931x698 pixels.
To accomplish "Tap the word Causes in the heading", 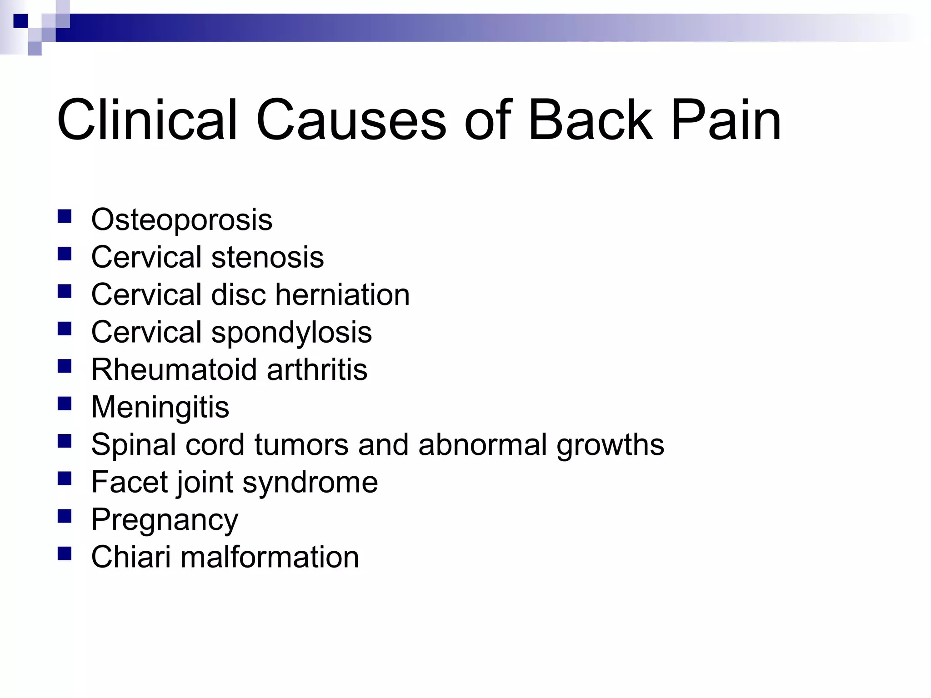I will pyautogui.click(x=351, y=120).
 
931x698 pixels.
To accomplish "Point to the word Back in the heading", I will pyautogui.click(x=590, y=120).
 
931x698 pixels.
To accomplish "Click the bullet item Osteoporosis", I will pyautogui.click(x=181, y=220).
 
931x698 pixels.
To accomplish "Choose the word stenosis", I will pyautogui.click(x=267, y=257).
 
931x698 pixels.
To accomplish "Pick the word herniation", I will pyautogui.click(x=342, y=294).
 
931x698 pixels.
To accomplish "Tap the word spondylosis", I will pyautogui.click(x=291, y=333).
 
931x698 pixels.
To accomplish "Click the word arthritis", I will pyautogui.click(x=317, y=369).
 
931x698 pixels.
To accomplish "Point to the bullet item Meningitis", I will pyautogui.click(x=160, y=407).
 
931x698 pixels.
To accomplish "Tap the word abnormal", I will pyautogui.click(x=482, y=444).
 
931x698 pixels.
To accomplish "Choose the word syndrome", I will pyautogui.click(x=310, y=483).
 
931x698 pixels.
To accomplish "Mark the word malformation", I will pyautogui.click(x=270, y=557).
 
